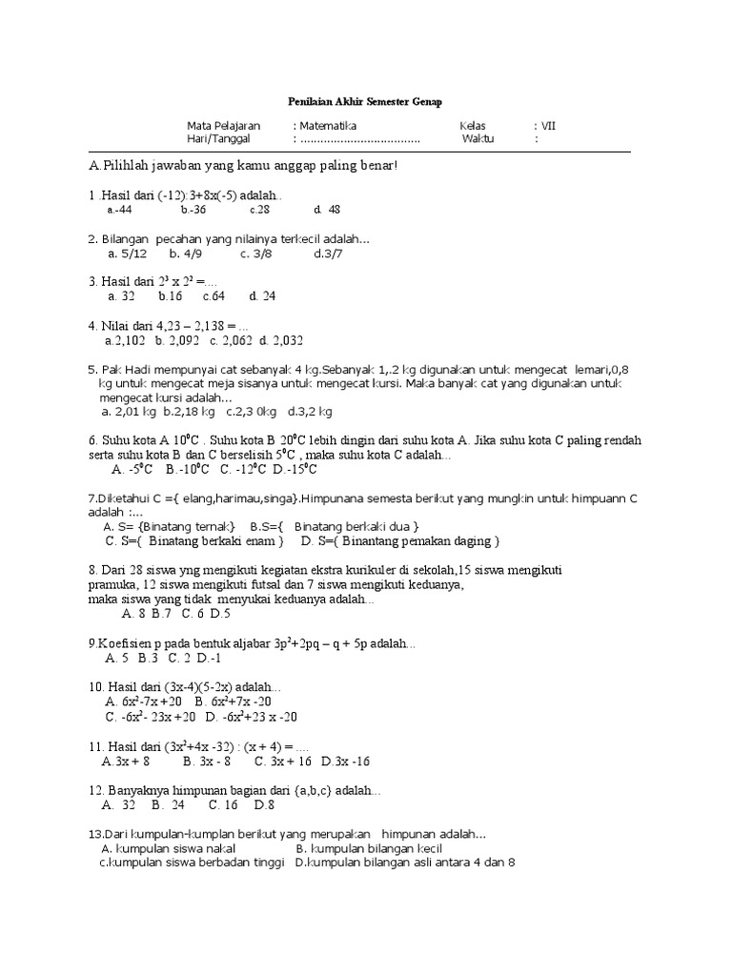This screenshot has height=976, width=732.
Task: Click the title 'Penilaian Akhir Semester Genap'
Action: pos(366,101)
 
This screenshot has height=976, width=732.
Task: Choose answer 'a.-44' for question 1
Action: pos(119,210)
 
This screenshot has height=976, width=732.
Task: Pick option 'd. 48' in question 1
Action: pos(327,210)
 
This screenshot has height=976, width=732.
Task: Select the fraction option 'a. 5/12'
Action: pos(128,254)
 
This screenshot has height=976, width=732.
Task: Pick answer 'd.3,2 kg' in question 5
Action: pos(310,412)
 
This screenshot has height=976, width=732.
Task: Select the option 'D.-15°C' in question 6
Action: pos(295,469)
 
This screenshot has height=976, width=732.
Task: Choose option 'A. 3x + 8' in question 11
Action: pos(129,762)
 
